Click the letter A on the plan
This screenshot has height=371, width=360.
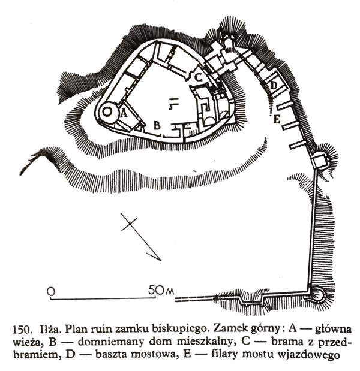[x=124, y=111]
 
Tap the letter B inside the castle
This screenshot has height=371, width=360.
[x=157, y=125]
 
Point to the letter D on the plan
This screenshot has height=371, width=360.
[x=274, y=86]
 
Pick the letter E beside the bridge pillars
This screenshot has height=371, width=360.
[x=277, y=120]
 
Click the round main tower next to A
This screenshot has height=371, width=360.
[x=109, y=111]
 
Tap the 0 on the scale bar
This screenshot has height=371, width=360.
[x=52, y=291]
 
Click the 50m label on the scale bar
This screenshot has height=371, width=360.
[x=160, y=291]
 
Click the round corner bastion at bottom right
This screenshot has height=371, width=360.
[x=316, y=294]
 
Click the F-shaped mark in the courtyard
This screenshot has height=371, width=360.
[x=173, y=104]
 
